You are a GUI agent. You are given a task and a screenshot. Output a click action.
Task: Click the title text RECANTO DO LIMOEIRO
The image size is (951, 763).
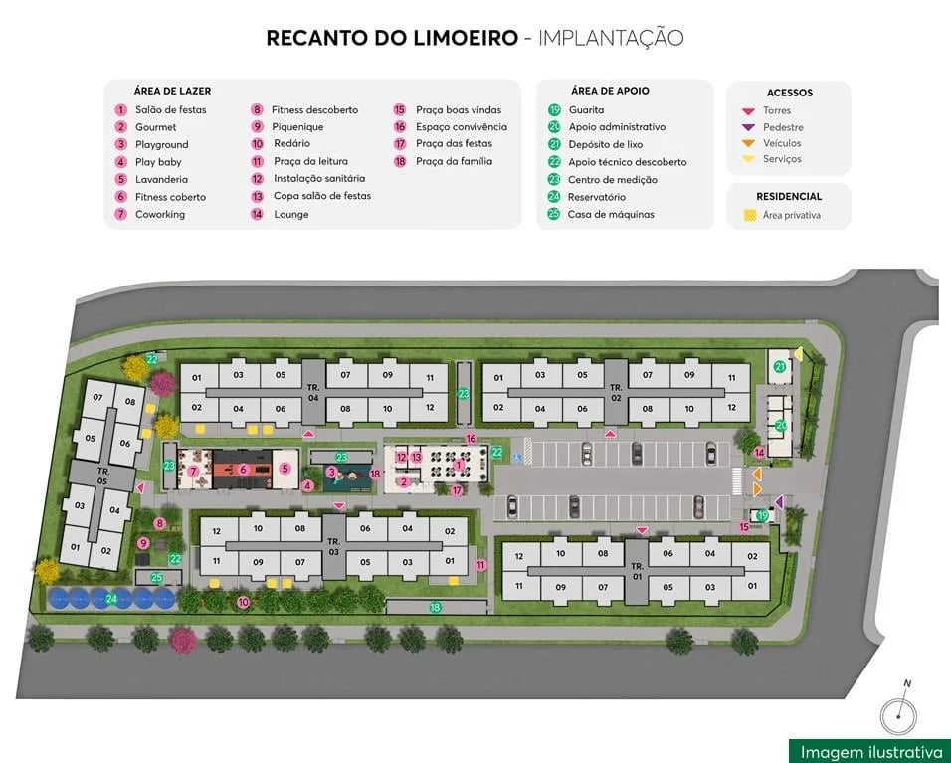392,39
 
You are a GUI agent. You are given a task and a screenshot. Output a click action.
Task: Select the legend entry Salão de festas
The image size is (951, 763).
170,109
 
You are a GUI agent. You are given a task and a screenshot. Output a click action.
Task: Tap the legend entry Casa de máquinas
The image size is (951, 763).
610,214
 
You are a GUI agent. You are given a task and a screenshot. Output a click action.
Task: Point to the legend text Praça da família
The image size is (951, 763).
454,161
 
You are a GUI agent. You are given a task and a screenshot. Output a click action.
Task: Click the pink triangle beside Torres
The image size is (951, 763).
748,110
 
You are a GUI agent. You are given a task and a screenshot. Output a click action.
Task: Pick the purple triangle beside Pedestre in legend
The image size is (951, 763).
748,127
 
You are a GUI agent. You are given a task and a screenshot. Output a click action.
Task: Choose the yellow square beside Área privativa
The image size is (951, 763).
749,215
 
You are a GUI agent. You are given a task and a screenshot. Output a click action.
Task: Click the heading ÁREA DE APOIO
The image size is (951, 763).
610,91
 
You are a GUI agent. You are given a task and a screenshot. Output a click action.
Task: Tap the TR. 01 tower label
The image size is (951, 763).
637,571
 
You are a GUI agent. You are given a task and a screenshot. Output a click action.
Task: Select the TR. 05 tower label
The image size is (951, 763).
102,475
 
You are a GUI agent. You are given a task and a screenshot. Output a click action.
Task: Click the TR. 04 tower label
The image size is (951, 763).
312,391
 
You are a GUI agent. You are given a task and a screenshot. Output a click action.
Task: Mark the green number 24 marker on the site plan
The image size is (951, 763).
112,598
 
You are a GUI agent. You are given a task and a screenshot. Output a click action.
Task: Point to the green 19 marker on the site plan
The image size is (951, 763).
763,515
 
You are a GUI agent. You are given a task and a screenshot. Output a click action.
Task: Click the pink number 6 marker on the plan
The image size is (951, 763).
243,469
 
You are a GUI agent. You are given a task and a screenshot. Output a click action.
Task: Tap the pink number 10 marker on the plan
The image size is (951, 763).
244,602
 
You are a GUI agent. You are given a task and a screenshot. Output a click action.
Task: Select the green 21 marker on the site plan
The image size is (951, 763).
780,367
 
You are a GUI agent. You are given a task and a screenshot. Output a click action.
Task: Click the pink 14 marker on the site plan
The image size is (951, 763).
759,453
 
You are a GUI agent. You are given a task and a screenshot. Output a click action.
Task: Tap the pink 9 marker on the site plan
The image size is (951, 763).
144,543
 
